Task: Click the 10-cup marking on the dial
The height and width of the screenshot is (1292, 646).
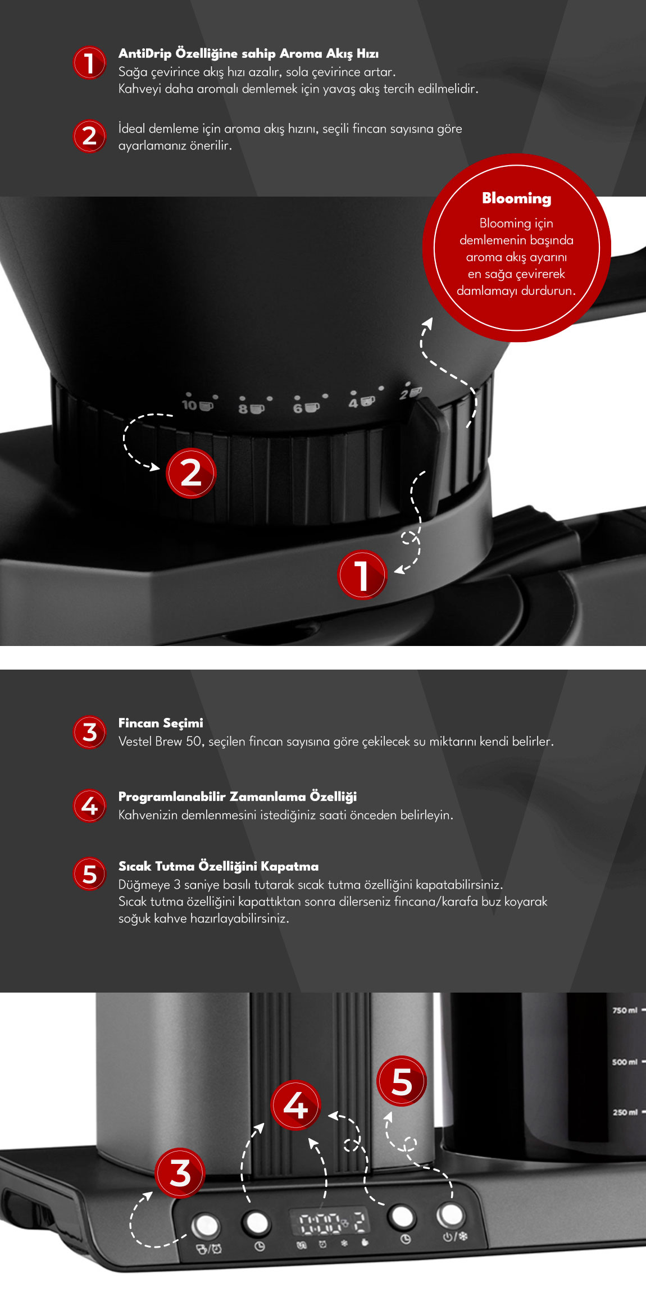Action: [x=198, y=405]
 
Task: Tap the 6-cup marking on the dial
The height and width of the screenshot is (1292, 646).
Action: [x=306, y=407]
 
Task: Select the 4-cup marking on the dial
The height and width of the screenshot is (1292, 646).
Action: [x=361, y=402]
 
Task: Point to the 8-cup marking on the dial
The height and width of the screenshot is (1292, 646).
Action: [x=251, y=408]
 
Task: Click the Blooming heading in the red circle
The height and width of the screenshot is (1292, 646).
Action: [x=517, y=198]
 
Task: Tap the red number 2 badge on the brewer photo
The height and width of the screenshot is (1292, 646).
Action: [x=191, y=473]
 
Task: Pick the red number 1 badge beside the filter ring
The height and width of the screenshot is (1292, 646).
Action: [x=362, y=575]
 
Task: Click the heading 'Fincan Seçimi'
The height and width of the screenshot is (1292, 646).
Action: [x=161, y=723]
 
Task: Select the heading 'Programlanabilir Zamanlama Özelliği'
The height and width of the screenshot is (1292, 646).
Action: [x=238, y=797]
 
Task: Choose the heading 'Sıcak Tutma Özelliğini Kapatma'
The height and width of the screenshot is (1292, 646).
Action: [x=219, y=866]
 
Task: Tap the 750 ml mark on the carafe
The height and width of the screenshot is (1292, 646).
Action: [x=625, y=1010]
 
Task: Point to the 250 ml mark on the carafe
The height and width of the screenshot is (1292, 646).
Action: [x=625, y=1112]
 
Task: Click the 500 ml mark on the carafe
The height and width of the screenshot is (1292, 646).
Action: [x=625, y=1062]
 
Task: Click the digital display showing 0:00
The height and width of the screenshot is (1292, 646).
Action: [x=329, y=1222]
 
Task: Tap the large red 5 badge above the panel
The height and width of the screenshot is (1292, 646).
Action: [x=402, y=1081]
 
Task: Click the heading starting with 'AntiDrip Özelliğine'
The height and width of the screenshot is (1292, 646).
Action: [x=248, y=54]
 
